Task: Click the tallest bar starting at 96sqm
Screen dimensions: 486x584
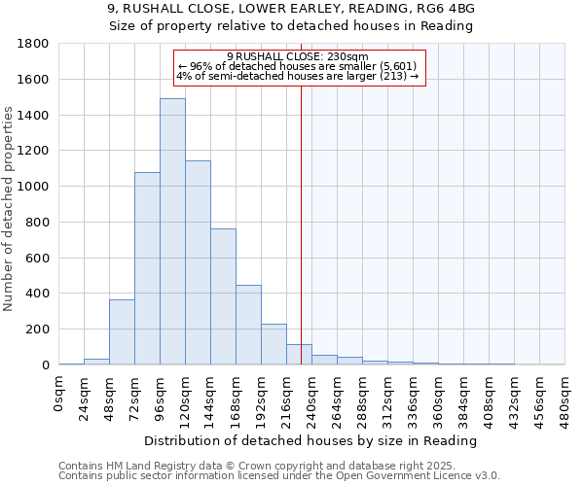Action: click(172, 231)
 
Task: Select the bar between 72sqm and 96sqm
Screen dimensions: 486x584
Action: click(147, 268)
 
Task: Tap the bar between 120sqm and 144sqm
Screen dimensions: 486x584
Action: click(198, 262)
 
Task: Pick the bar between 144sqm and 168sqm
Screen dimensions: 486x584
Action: click(223, 296)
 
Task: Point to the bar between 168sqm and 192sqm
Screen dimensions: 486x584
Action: click(248, 325)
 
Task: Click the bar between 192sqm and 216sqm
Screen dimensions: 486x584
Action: click(274, 344)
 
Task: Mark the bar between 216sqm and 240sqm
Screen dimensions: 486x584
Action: click(299, 355)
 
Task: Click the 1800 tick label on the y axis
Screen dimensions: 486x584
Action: click(34, 44)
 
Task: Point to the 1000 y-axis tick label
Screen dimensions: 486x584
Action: click(34, 187)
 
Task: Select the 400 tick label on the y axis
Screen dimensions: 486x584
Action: click(38, 294)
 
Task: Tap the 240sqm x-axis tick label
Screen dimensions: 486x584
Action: click(312, 397)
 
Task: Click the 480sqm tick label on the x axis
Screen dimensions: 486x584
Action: click(566, 397)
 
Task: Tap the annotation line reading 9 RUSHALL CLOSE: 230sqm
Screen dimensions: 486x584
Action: click(298, 56)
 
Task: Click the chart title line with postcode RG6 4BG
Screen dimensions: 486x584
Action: click(291, 9)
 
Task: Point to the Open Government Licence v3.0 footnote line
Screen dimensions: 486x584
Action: click(279, 475)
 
